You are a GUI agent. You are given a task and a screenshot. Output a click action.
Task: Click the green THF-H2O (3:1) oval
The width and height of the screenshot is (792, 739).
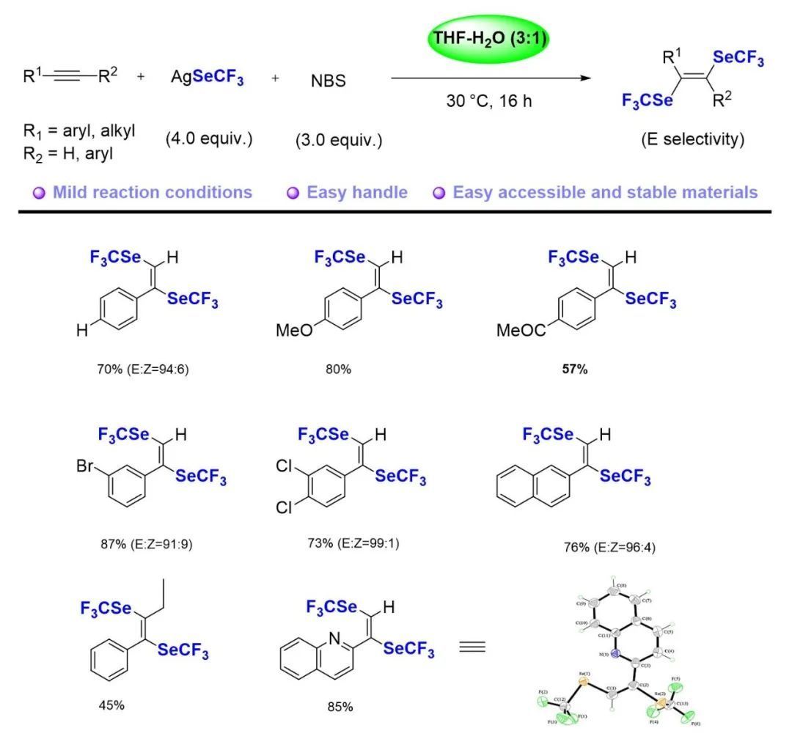(x=489, y=39)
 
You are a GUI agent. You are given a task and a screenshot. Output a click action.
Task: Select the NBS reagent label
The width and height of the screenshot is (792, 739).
(x=329, y=81)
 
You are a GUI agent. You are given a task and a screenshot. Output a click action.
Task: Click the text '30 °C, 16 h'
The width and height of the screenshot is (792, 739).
(x=489, y=101)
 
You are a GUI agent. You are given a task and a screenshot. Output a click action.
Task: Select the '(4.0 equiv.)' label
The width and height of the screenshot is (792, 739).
(x=208, y=139)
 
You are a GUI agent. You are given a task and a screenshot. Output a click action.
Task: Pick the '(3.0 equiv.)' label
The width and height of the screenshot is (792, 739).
(x=338, y=140)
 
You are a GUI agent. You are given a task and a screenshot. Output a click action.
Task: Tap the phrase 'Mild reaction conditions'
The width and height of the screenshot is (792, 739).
(x=153, y=193)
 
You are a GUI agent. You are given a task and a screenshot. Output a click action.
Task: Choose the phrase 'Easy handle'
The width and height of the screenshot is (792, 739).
(x=357, y=193)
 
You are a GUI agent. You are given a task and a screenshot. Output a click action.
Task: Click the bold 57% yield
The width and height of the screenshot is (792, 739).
(x=574, y=369)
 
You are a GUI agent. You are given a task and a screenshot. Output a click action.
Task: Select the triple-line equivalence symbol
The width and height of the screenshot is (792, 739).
(x=472, y=647)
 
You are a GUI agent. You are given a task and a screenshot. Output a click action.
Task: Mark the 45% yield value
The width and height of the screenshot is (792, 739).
(x=111, y=705)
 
